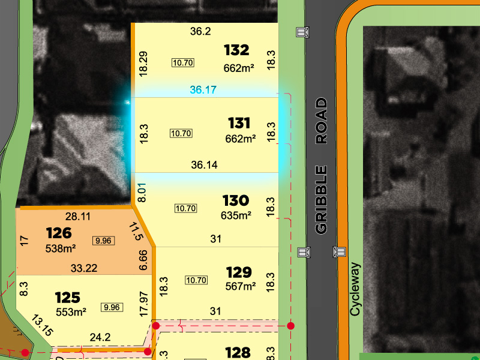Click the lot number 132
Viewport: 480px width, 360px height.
point(236,49)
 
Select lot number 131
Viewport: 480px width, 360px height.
point(239,124)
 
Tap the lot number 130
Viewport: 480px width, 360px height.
point(235,200)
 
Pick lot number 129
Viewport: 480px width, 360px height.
point(238,272)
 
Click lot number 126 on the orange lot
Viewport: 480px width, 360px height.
point(58,233)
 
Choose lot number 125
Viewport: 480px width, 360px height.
point(67,298)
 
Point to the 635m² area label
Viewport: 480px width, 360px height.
point(236,215)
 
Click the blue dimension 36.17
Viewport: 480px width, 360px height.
point(203,91)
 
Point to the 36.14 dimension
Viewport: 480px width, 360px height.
point(204,164)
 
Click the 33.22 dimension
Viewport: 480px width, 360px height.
point(84,268)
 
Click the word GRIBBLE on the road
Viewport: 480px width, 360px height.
point(322,200)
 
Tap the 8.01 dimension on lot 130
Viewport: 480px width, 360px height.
point(142,192)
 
